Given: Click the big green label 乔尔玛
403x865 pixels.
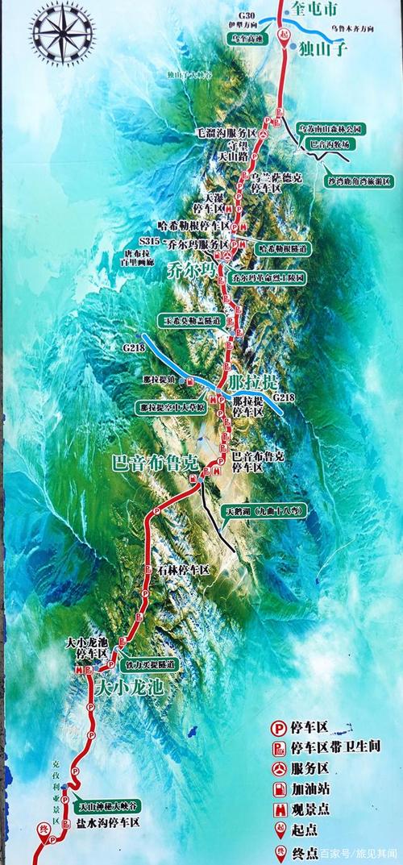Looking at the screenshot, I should click(190, 269).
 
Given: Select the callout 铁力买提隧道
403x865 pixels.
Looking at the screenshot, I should click(150, 664).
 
